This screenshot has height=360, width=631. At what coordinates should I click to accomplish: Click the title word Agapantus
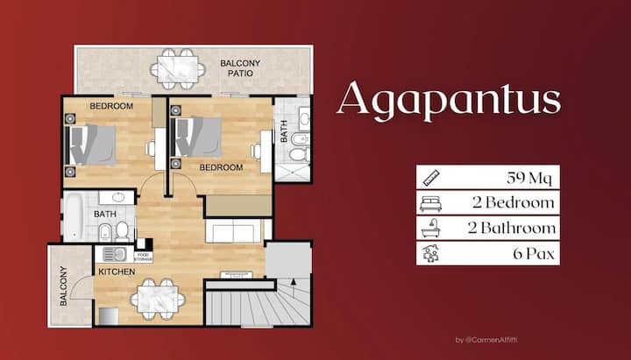448,100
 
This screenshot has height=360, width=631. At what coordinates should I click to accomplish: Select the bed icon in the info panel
430,204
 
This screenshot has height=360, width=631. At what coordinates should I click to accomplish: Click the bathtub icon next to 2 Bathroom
430,229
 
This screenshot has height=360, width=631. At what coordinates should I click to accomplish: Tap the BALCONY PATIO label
238,68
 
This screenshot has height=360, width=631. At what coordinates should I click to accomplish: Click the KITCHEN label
117,272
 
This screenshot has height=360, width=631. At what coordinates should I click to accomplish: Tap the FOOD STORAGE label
143,258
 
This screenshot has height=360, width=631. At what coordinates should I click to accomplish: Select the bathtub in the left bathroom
74,216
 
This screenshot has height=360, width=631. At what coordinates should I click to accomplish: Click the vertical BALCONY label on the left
63,286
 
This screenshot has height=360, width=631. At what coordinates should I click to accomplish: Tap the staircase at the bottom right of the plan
259,307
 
